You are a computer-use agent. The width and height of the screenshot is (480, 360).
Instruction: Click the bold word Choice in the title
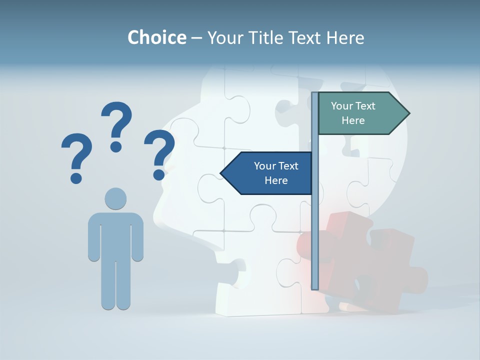[x=156, y=37]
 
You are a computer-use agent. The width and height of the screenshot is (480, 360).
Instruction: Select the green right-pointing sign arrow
[x=360, y=113]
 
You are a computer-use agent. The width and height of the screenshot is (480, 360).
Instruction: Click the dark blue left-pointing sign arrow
[x=267, y=173]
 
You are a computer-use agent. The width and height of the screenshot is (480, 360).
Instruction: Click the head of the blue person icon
[x=115, y=198]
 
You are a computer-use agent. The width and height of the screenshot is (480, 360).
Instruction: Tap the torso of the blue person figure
[x=115, y=235]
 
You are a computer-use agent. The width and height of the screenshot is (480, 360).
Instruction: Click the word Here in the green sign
[x=353, y=120]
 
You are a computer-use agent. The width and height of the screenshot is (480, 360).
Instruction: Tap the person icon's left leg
[x=108, y=285]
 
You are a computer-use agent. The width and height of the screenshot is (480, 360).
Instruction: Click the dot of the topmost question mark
[x=116, y=146]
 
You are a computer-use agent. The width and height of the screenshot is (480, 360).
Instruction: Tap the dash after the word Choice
[x=196, y=38]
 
